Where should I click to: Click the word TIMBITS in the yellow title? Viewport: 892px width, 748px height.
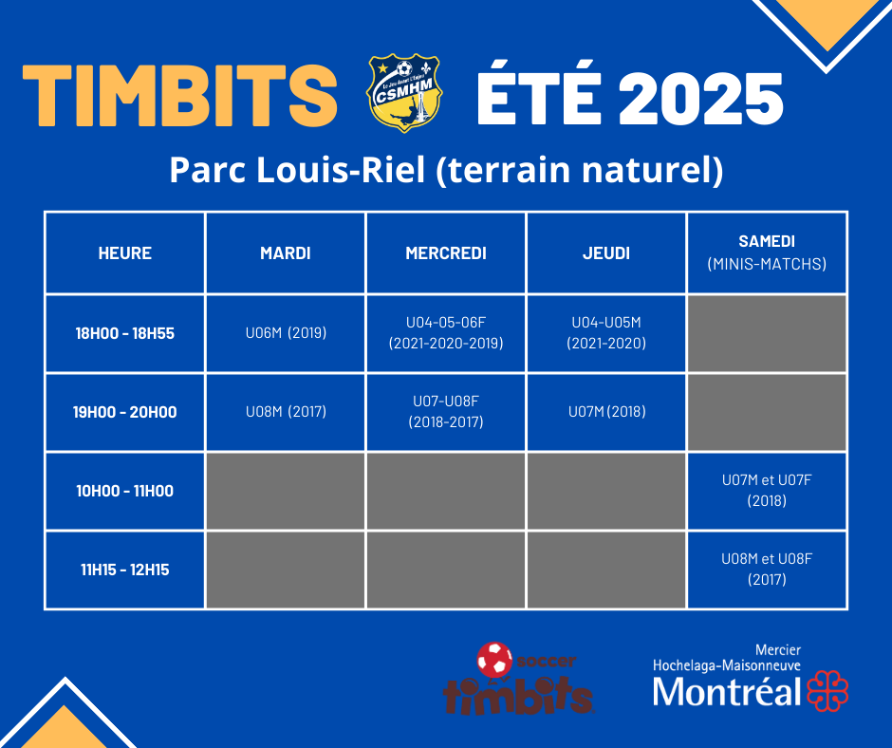(x=179, y=95)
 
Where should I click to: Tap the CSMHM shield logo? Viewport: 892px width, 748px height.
(x=404, y=93)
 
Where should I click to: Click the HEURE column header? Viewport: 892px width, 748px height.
(x=124, y=253)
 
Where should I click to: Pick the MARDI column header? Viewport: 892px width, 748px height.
(x=286, y=253)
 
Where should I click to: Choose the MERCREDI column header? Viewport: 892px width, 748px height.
(x=446, y=253)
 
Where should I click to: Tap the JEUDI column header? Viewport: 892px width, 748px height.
(x=606, y=253)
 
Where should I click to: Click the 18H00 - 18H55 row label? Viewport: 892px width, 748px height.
(x=124, y=333)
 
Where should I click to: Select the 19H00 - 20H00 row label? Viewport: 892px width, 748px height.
(x=124, y=412)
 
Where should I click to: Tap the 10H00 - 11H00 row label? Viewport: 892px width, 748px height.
(x=124, y=491)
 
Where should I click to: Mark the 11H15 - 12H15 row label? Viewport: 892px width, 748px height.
(x=124, y=570)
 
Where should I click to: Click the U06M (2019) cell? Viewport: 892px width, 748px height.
(x=287, y=332)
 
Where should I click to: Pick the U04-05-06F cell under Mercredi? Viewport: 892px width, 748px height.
(x=446, y=333)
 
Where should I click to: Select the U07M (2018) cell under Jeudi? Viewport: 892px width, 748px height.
(x=607, y=412)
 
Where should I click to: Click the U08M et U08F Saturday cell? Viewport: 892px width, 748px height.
(x=767, y=570)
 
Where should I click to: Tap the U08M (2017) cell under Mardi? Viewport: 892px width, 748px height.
(x=287, y=412)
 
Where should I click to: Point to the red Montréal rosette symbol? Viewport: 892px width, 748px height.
(x=827, y=691)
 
